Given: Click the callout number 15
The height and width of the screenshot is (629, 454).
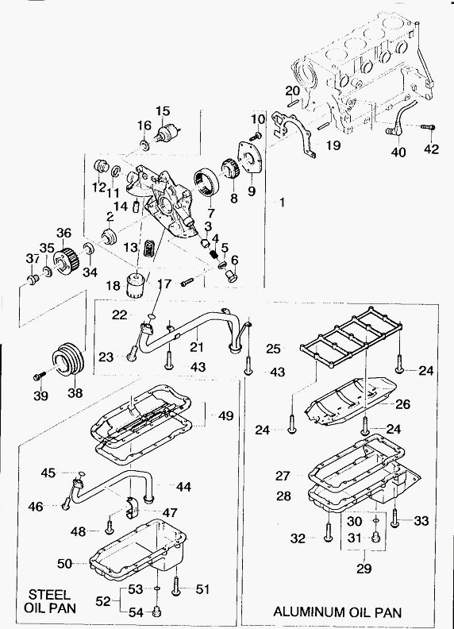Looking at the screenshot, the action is click(164, 110).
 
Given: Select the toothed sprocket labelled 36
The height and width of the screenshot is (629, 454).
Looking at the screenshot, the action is click(67, 261).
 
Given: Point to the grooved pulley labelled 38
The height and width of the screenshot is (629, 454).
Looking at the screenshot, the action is click(68, 360).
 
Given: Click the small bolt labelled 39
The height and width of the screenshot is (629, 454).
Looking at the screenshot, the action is click(39, 376).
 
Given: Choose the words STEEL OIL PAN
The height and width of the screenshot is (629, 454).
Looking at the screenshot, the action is click(50, 600).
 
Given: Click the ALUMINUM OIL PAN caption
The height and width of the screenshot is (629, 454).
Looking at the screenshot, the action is click(337, 612).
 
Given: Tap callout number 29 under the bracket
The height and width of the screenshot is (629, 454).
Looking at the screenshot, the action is click(364, 568).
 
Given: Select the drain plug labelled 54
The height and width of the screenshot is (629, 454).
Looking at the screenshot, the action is click(158, 612).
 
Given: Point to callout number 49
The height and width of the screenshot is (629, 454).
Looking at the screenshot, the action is click(225, 415).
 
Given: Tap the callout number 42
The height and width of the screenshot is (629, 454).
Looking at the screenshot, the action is click(431, 149).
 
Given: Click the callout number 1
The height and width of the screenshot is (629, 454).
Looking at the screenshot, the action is click(282, 203).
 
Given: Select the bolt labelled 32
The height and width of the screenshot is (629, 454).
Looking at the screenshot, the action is click(328, 531).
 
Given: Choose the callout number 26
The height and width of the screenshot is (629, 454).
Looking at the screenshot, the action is click(403, 404).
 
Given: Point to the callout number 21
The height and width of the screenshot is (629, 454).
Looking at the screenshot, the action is click(197, 346).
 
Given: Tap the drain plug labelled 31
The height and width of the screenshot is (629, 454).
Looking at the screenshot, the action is click(376, 537).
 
